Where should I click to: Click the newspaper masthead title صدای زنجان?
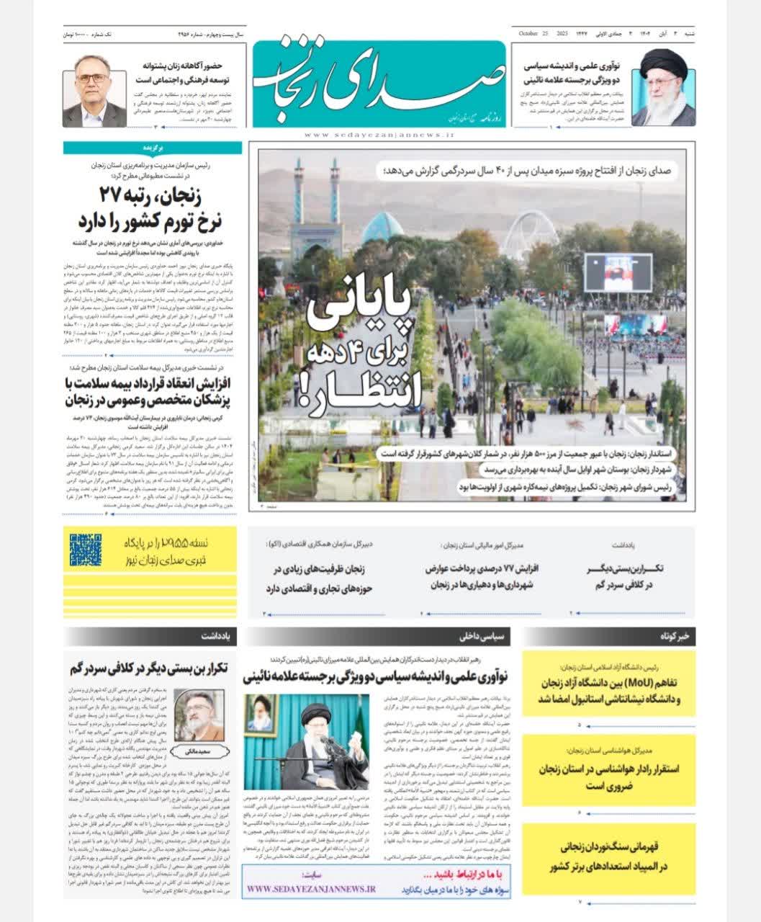(377, 83)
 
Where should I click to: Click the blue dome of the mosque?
(382, 228)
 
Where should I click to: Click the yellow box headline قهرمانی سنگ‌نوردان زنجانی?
(609, 856)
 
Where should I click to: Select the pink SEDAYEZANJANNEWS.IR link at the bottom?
(311, 889)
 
